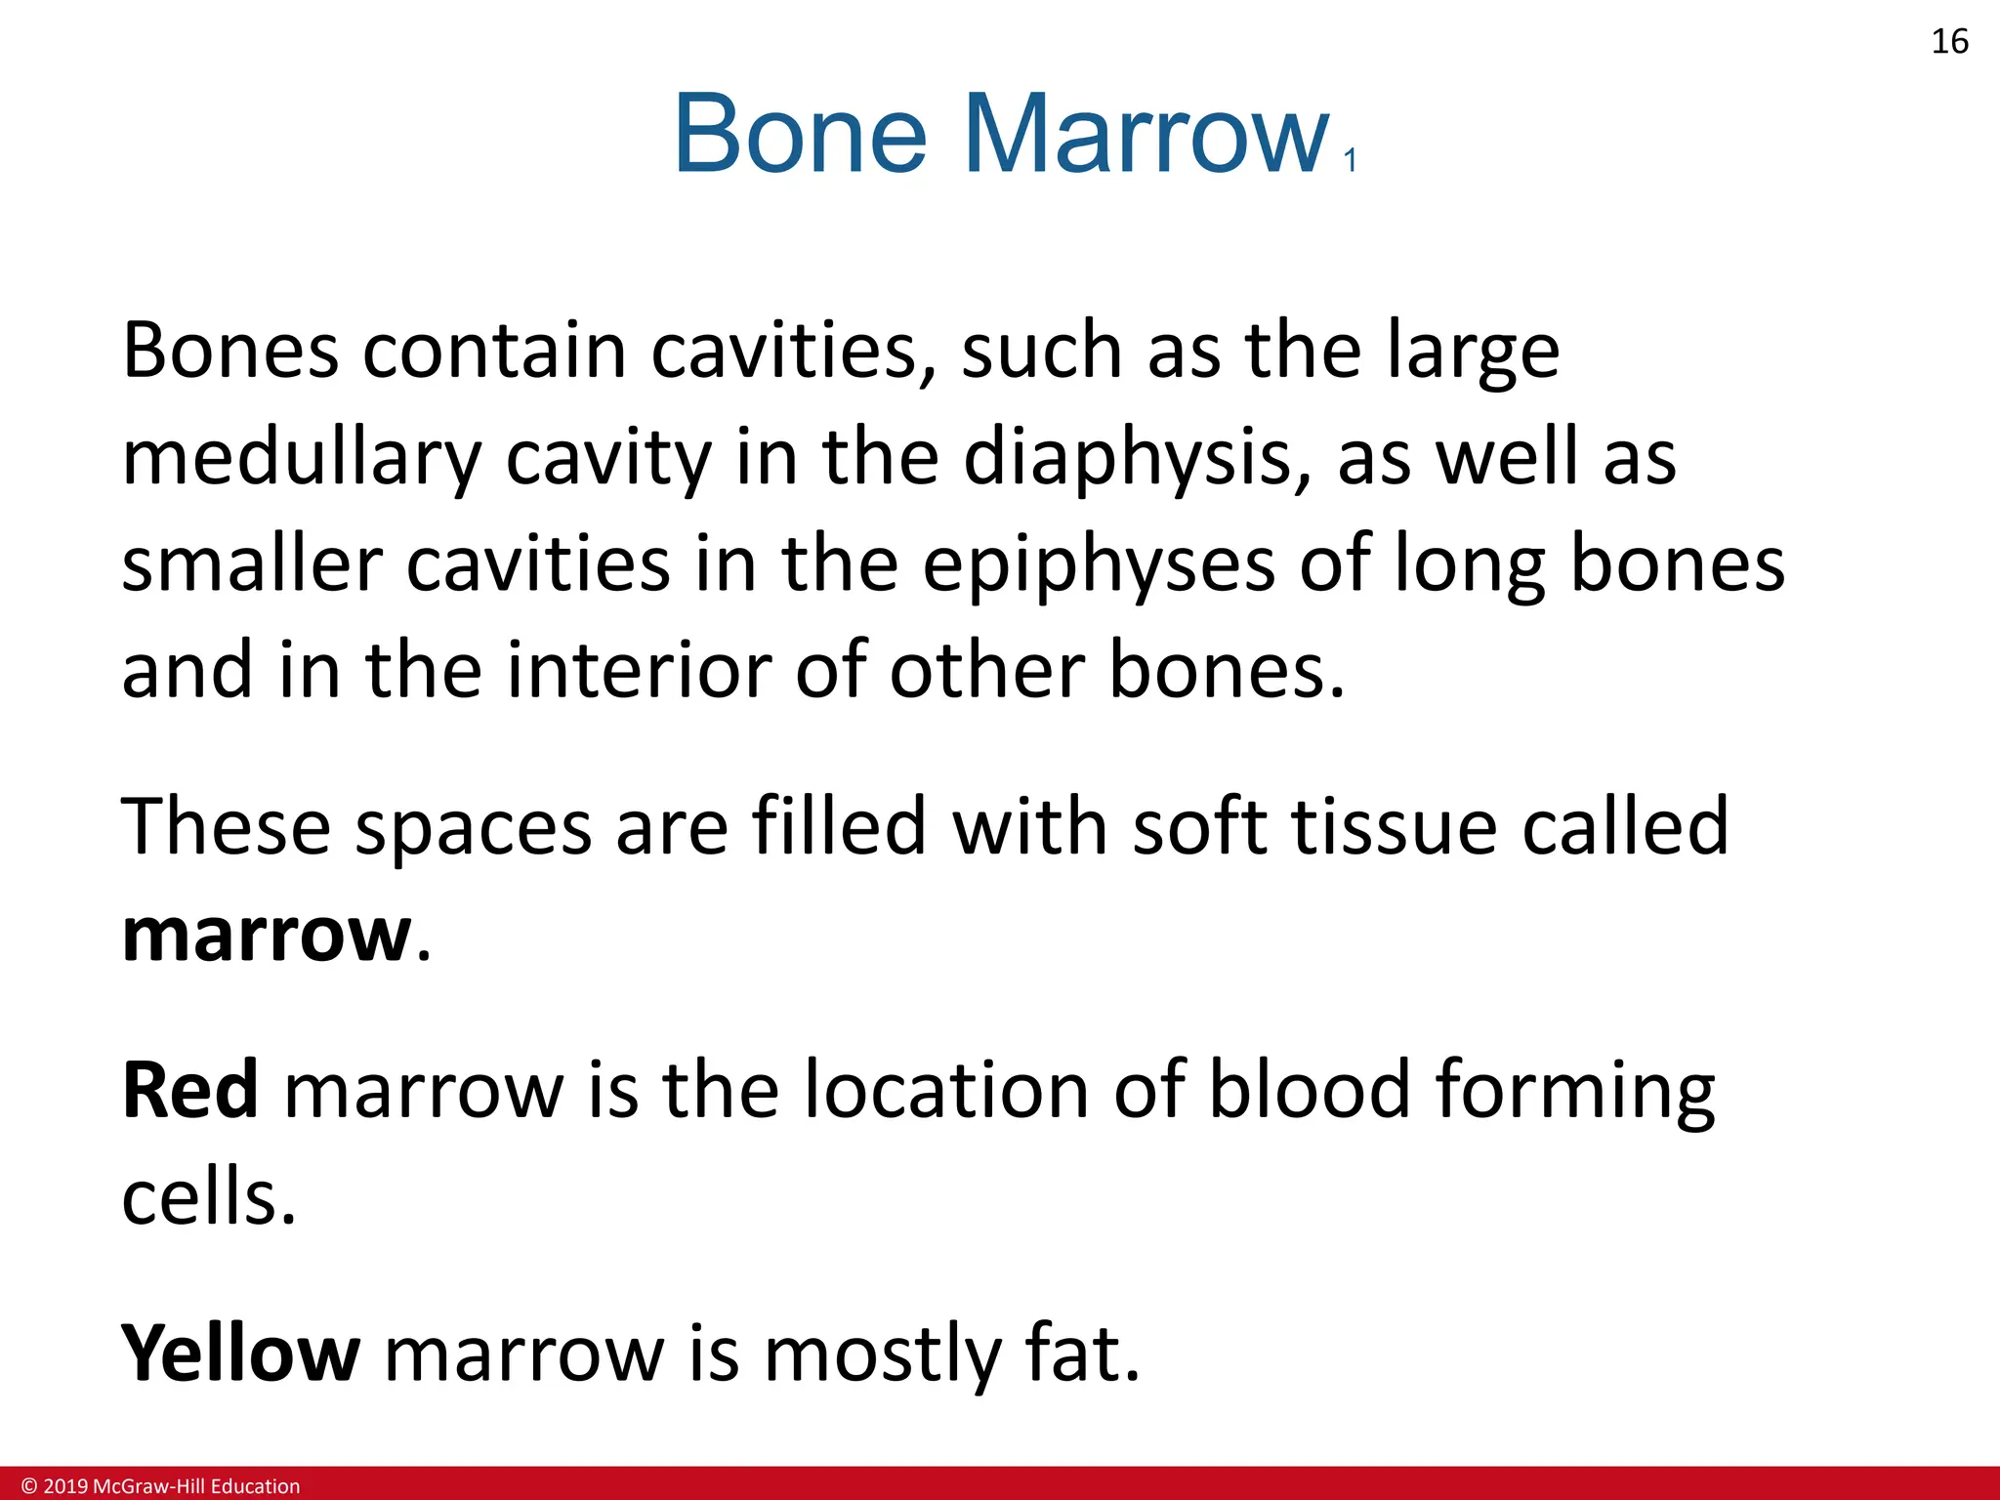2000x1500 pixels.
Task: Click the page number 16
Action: pos(1949,42)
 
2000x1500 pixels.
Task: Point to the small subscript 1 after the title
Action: pos(1351,160)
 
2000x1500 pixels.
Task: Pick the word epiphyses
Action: pos(1099,565)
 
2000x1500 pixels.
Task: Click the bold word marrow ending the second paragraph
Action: pos(267,935)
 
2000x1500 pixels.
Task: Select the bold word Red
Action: pos(190,1090)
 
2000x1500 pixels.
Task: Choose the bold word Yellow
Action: pos(240,1354)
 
